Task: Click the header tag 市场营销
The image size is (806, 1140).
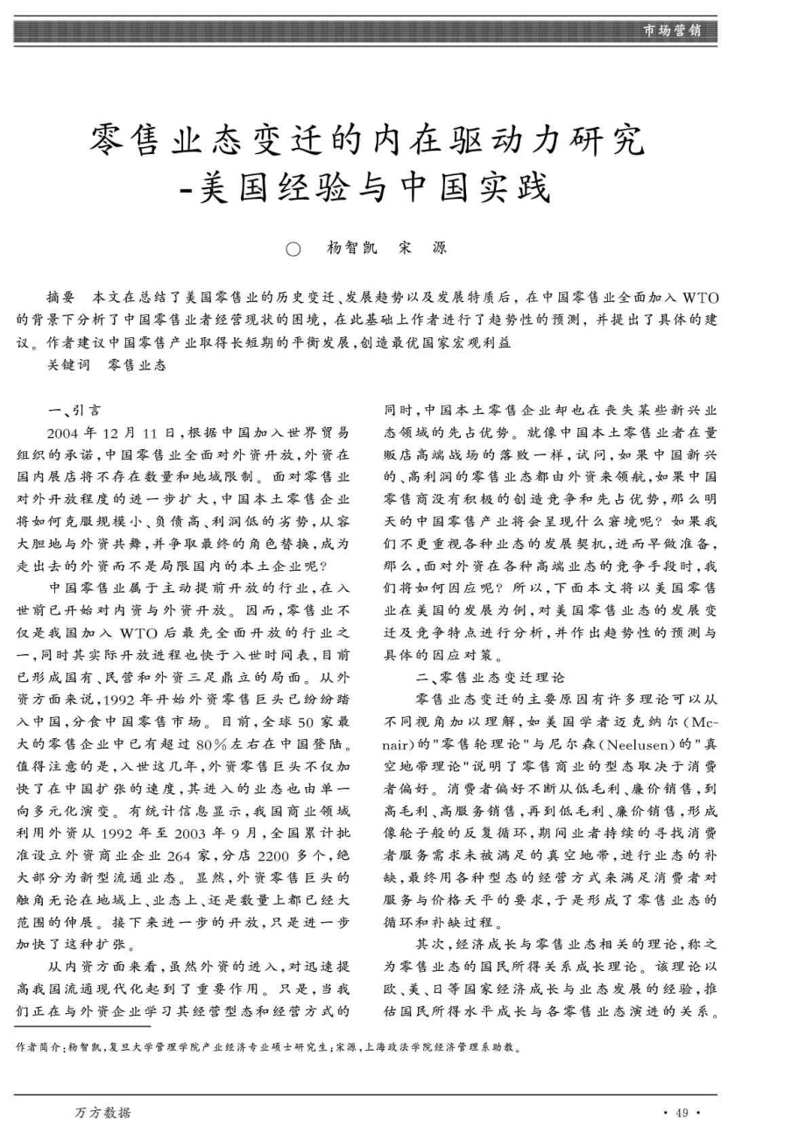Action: click(671, 31)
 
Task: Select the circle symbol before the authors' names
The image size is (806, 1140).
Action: click(293, 249)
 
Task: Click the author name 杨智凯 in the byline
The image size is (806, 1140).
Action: click(351, 248)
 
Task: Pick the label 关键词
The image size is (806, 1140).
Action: click(68, 365)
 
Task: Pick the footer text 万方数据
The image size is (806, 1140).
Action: click(103, 1112)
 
